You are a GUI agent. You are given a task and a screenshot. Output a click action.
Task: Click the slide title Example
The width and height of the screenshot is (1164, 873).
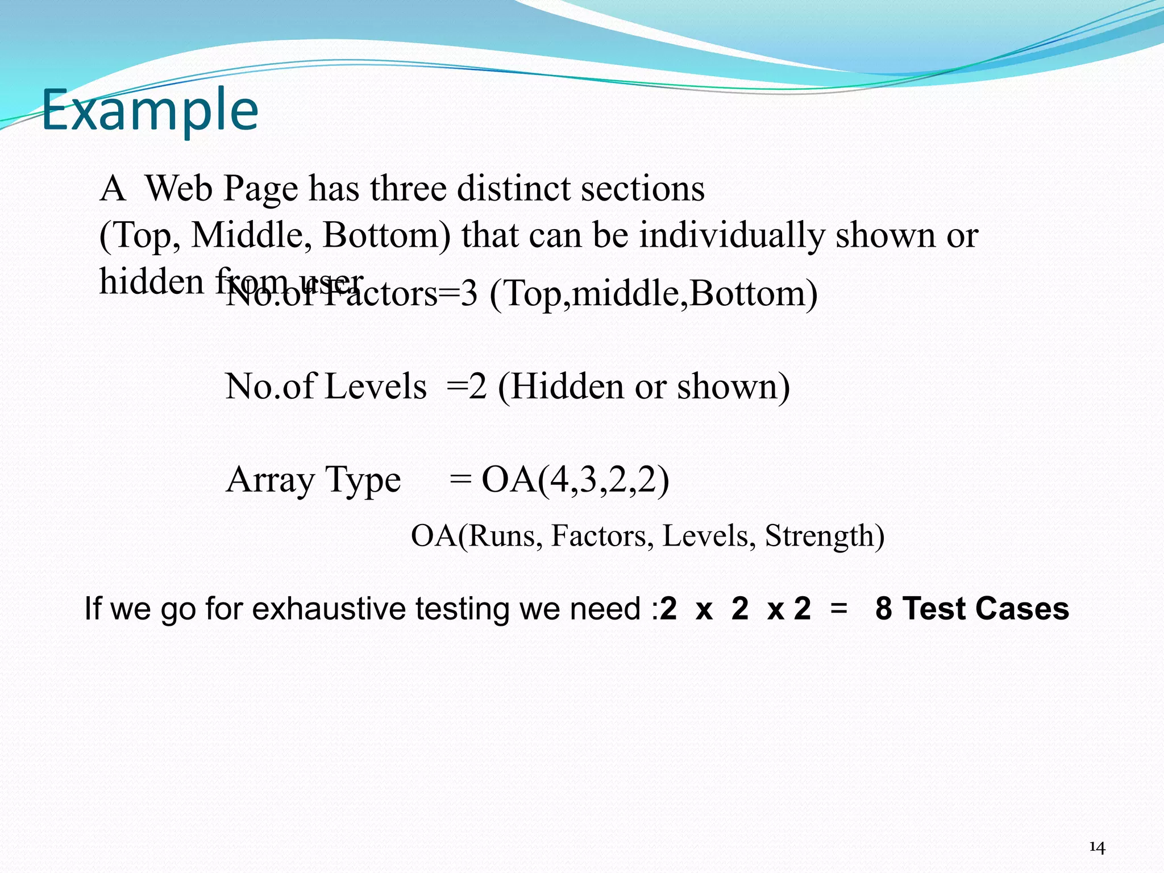(150, 110)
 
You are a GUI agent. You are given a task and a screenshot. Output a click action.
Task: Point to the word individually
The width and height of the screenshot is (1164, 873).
(731, 235)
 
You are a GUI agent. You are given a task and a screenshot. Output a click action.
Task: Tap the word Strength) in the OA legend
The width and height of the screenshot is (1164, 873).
(825, 535)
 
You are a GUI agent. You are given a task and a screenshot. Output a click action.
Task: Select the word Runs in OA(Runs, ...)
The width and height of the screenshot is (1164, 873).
(502, 535)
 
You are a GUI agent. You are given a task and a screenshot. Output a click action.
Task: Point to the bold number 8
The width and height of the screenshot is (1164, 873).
(884, 609)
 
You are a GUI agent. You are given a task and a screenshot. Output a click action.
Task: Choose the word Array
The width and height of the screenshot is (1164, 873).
(270, 480)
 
